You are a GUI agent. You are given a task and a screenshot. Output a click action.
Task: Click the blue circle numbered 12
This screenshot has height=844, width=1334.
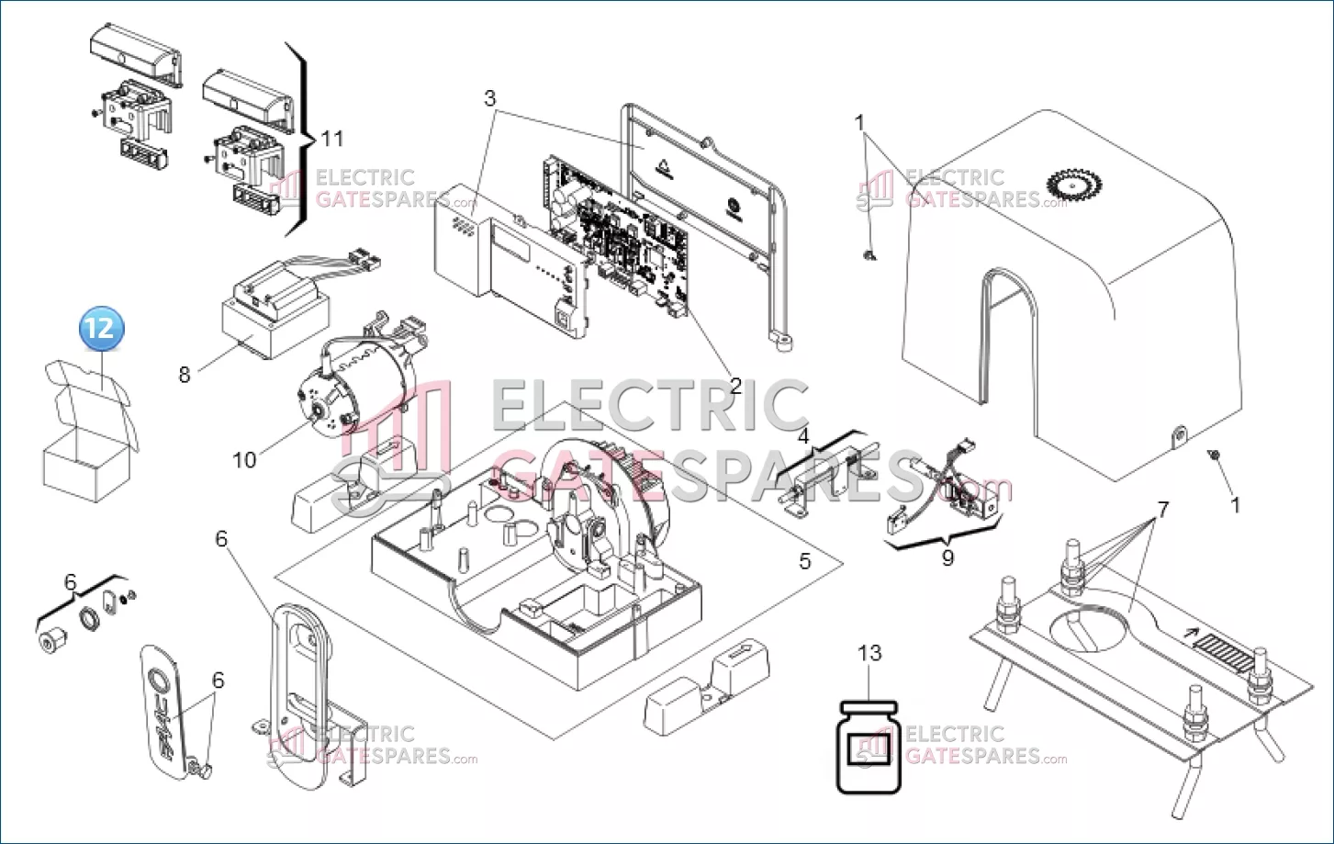coord(102,329)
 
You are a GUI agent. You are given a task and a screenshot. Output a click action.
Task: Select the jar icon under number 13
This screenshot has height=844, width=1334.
coord(869,747)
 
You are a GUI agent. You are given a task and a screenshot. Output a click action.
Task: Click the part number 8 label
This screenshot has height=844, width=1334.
coord(185,375)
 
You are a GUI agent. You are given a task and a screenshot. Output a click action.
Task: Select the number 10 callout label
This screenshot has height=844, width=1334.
coord(244,460)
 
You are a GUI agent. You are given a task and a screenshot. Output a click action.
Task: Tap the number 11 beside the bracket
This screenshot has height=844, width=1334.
coord(332,139)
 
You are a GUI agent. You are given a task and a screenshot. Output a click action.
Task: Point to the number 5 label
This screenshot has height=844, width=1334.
coord(805,560)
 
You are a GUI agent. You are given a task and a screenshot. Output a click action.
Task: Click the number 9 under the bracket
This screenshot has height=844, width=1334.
coord(947,557)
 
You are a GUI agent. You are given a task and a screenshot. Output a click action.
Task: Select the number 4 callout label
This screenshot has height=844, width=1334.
coord(803,436)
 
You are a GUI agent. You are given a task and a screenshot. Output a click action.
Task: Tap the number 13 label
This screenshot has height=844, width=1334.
coord(869,653)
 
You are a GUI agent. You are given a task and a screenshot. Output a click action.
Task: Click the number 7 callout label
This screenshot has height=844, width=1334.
coord(1162,510)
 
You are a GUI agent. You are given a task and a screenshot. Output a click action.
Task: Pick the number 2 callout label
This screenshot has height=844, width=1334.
coord(736,386)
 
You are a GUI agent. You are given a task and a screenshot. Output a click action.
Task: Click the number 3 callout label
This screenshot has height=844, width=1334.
coord(489,98)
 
